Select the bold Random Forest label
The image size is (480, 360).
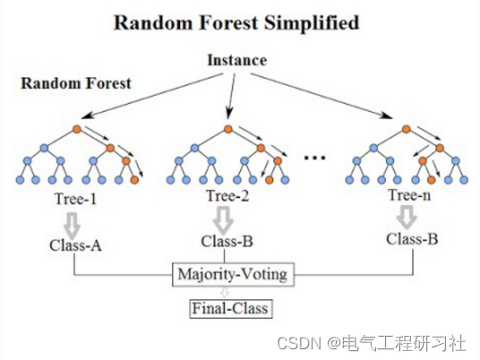point(76,83)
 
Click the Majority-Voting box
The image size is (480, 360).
point(234,273)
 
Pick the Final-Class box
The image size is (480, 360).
point(229,310)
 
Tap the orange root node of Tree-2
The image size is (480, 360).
point(229,128)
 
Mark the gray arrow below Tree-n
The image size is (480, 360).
point(407,216)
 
